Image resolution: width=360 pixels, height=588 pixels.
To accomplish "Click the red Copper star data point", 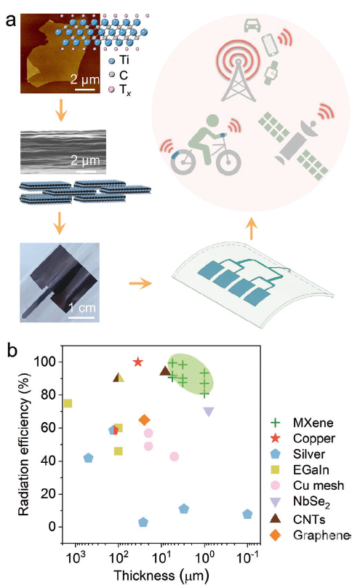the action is pos(138,362).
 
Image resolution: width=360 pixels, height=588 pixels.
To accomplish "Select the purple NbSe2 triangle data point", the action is pos(209,412).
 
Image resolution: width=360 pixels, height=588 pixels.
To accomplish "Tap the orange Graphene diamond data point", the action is pos(144,420).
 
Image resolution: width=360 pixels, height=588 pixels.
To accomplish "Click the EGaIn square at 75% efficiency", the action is pos(68,403).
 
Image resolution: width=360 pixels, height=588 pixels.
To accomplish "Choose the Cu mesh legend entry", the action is pos(307,485).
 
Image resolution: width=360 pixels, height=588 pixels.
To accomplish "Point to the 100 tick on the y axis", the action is pos(45,362).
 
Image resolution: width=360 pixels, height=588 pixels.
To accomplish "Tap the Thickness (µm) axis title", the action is pos(161,575).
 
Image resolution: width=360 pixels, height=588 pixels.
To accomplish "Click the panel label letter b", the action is pos(12,351).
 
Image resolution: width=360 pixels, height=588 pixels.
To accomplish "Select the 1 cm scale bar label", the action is pos(82,308).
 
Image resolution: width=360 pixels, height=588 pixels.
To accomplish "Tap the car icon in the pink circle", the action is pos(252,25).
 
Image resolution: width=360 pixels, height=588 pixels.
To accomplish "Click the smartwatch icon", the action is pos(272,72).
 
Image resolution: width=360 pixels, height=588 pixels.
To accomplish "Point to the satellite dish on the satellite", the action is pos(308,130).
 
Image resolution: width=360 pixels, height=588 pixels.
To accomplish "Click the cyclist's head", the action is pos(212,122).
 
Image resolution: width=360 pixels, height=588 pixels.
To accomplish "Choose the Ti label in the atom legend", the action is pos(124,60).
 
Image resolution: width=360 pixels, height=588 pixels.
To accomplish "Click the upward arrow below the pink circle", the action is pos(252,228).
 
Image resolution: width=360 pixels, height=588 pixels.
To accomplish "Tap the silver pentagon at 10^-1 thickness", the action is pos(247,514).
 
